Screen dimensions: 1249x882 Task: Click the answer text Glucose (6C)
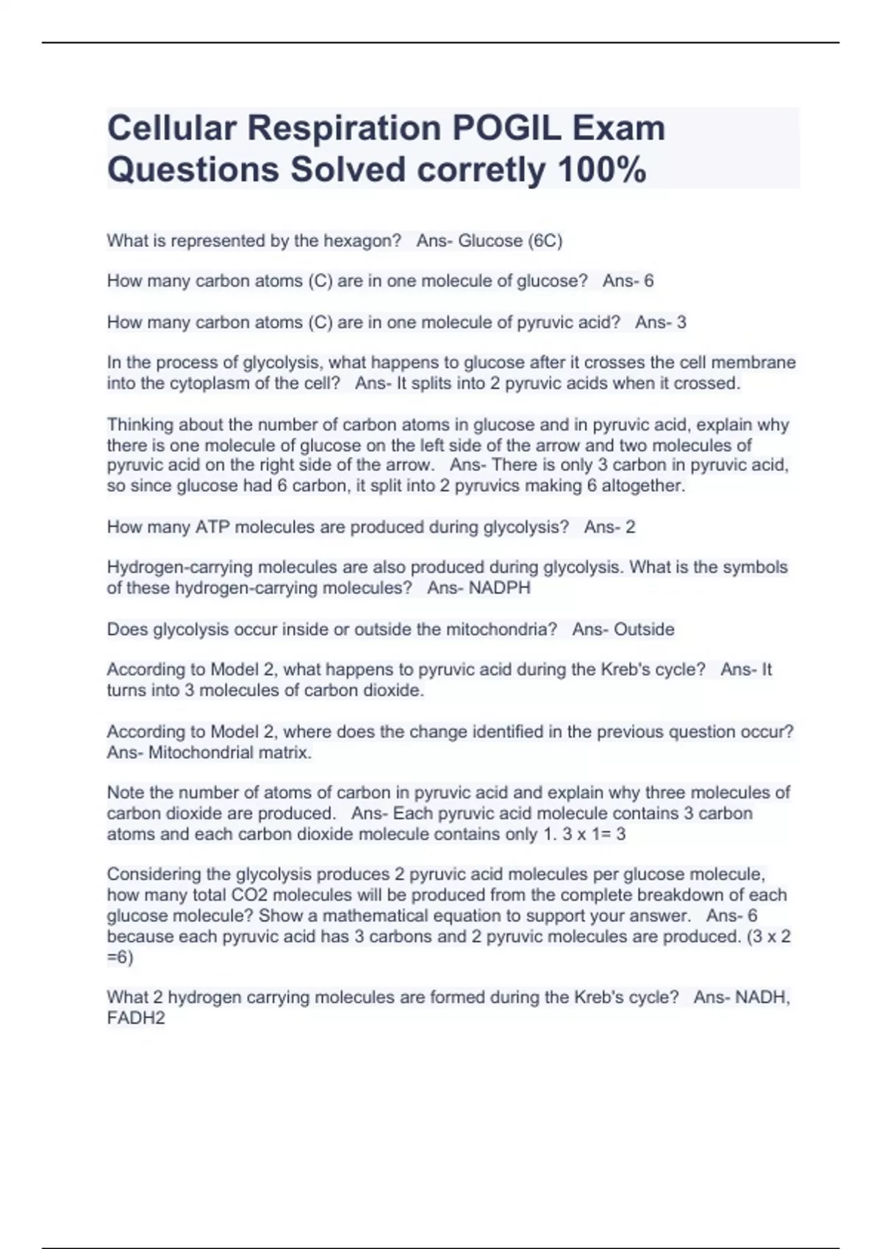(x=510, y=241)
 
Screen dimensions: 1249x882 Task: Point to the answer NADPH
(x=499, y=588)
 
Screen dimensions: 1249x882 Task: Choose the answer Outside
(x=644, y=630)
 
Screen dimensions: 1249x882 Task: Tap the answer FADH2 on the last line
(x=136, y=1018)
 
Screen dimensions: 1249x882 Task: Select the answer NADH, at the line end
(x=762, y=998)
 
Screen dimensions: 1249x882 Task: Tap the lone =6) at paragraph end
(x=121, y=957)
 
